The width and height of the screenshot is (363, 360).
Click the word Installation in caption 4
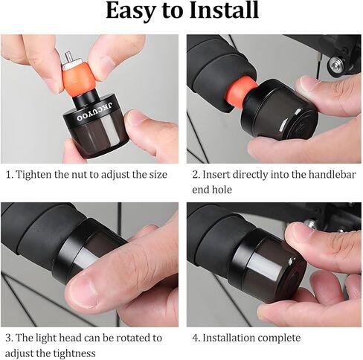tap(231, 338)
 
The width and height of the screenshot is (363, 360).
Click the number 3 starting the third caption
tap(9, 338)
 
